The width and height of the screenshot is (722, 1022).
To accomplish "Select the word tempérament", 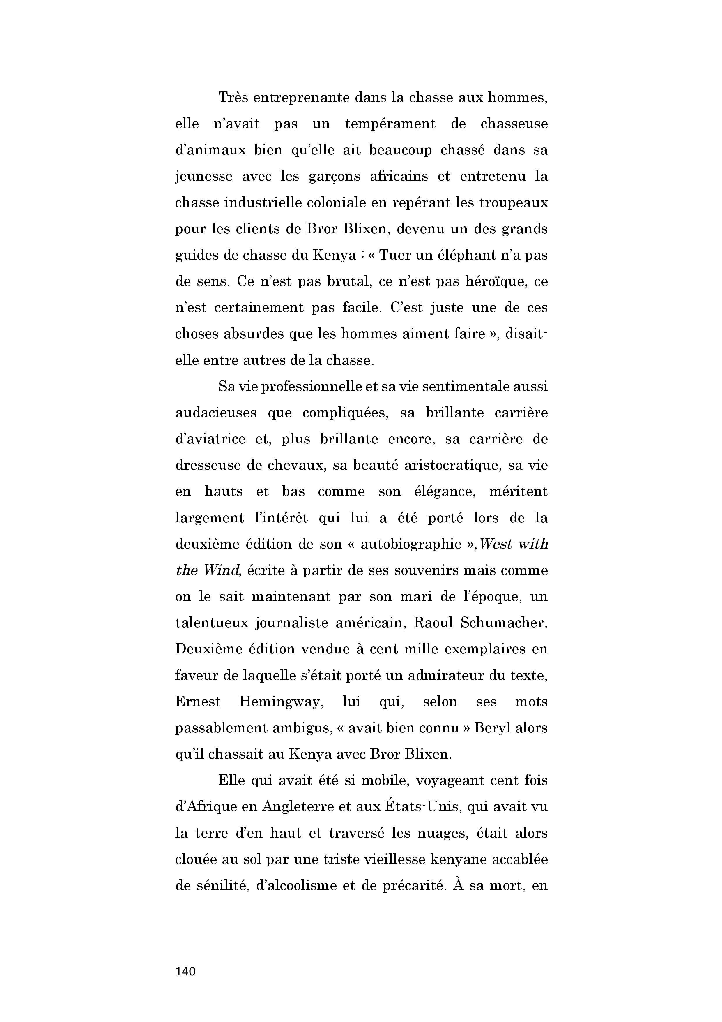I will coord(390,124).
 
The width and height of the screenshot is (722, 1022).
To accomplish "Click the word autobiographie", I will coord(410,544).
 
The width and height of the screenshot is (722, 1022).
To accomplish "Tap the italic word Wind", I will coord(222,570).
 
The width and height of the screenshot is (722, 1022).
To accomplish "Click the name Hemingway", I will coord(281,702).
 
